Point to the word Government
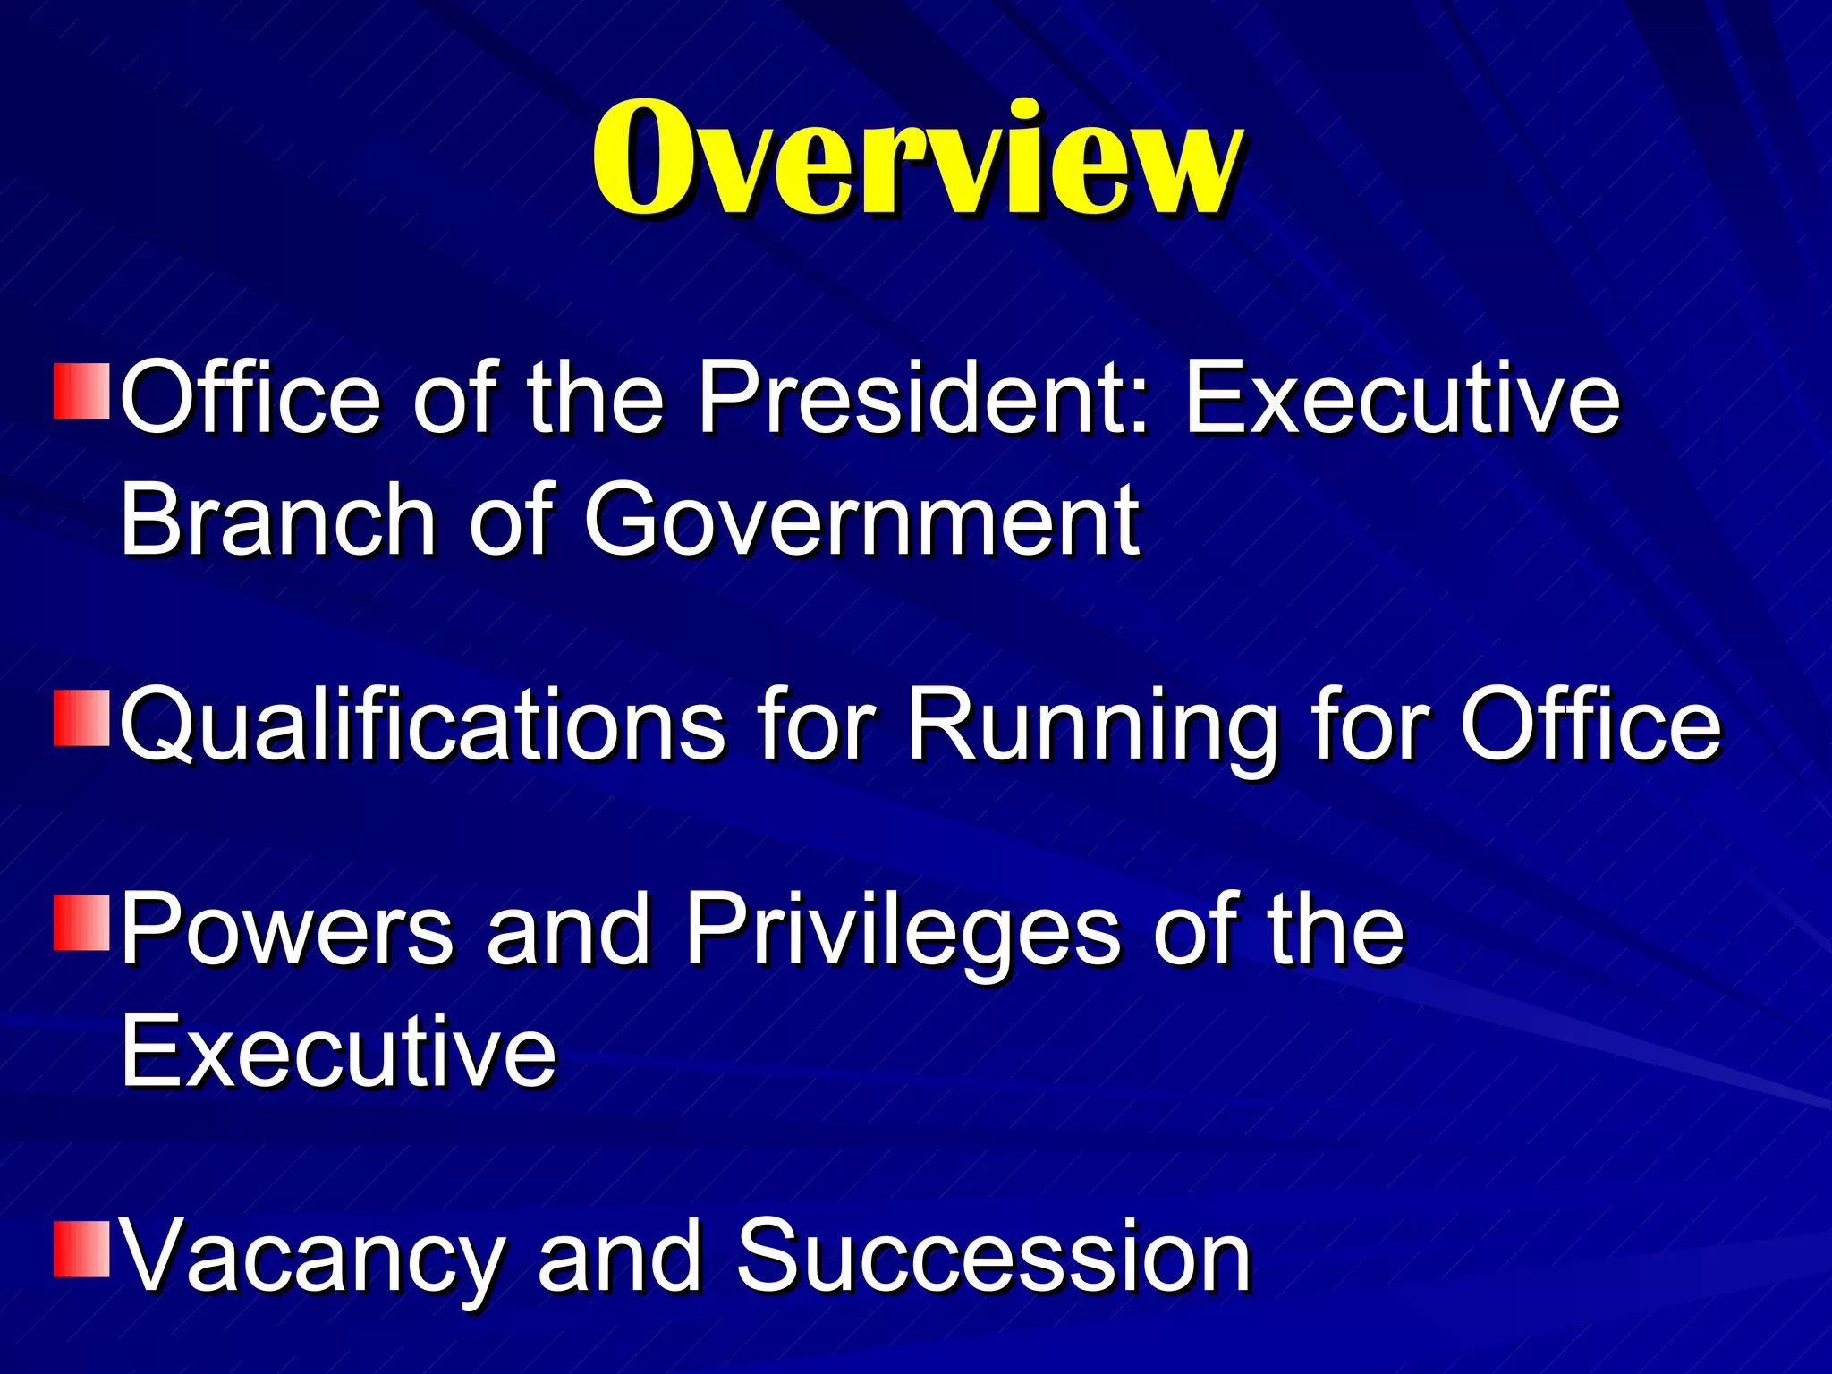click(x=861, y=519)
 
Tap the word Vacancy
click(x=310, y=1257)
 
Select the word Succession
click(x=993, y=1257)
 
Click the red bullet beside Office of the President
click(x=81, y=391)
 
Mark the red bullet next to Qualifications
click(x=81, y=717)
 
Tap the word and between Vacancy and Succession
click(x=619, y=1257)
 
